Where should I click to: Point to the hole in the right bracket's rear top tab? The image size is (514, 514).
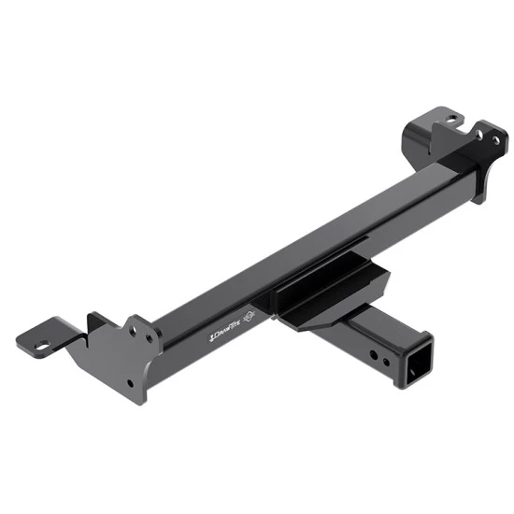450,120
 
